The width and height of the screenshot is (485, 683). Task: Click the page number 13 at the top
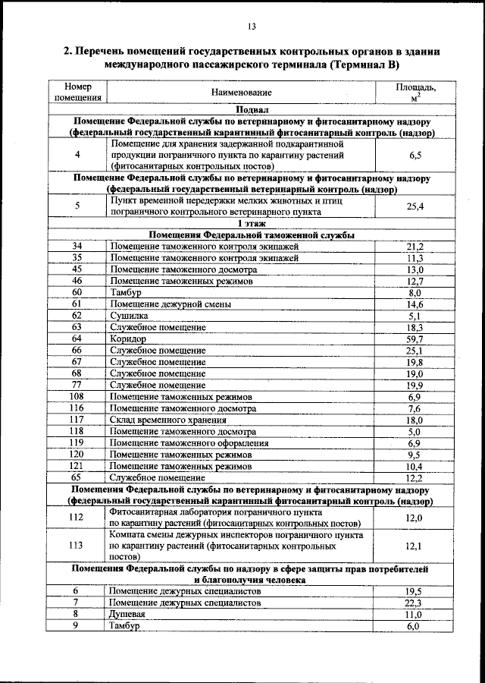pyautogui.click(x=252, y=27)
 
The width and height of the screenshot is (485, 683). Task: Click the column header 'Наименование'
pyautogui.click(x=242, y=92)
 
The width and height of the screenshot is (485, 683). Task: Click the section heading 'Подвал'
pyautogui.click(x=251, y=109)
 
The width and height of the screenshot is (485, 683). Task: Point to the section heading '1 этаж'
pyautogui.click(x=251, y=224)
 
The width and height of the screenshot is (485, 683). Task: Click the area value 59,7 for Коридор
pyautogui.click(x=415, y=338)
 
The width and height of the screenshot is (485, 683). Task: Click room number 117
pyautogui.click(x=77, y=420)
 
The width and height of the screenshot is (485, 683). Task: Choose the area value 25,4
pyautogui.click(x=415, y=206)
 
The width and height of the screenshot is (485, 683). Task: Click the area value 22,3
pyautogui.click(x=415, y=602)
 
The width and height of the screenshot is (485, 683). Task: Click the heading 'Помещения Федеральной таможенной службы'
pyautogui.click(x=251, y=235)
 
